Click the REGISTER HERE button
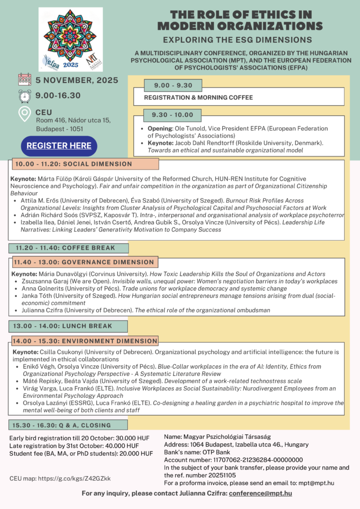coord(59,146)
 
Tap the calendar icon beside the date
coord(25,80)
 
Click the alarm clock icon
coord(25,96)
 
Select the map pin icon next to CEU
coord(24,115)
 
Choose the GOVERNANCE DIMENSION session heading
coord(84,262)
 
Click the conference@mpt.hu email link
coord(261,493)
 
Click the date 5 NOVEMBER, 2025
coord(77,80)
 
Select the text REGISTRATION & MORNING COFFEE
coord(198,97)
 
